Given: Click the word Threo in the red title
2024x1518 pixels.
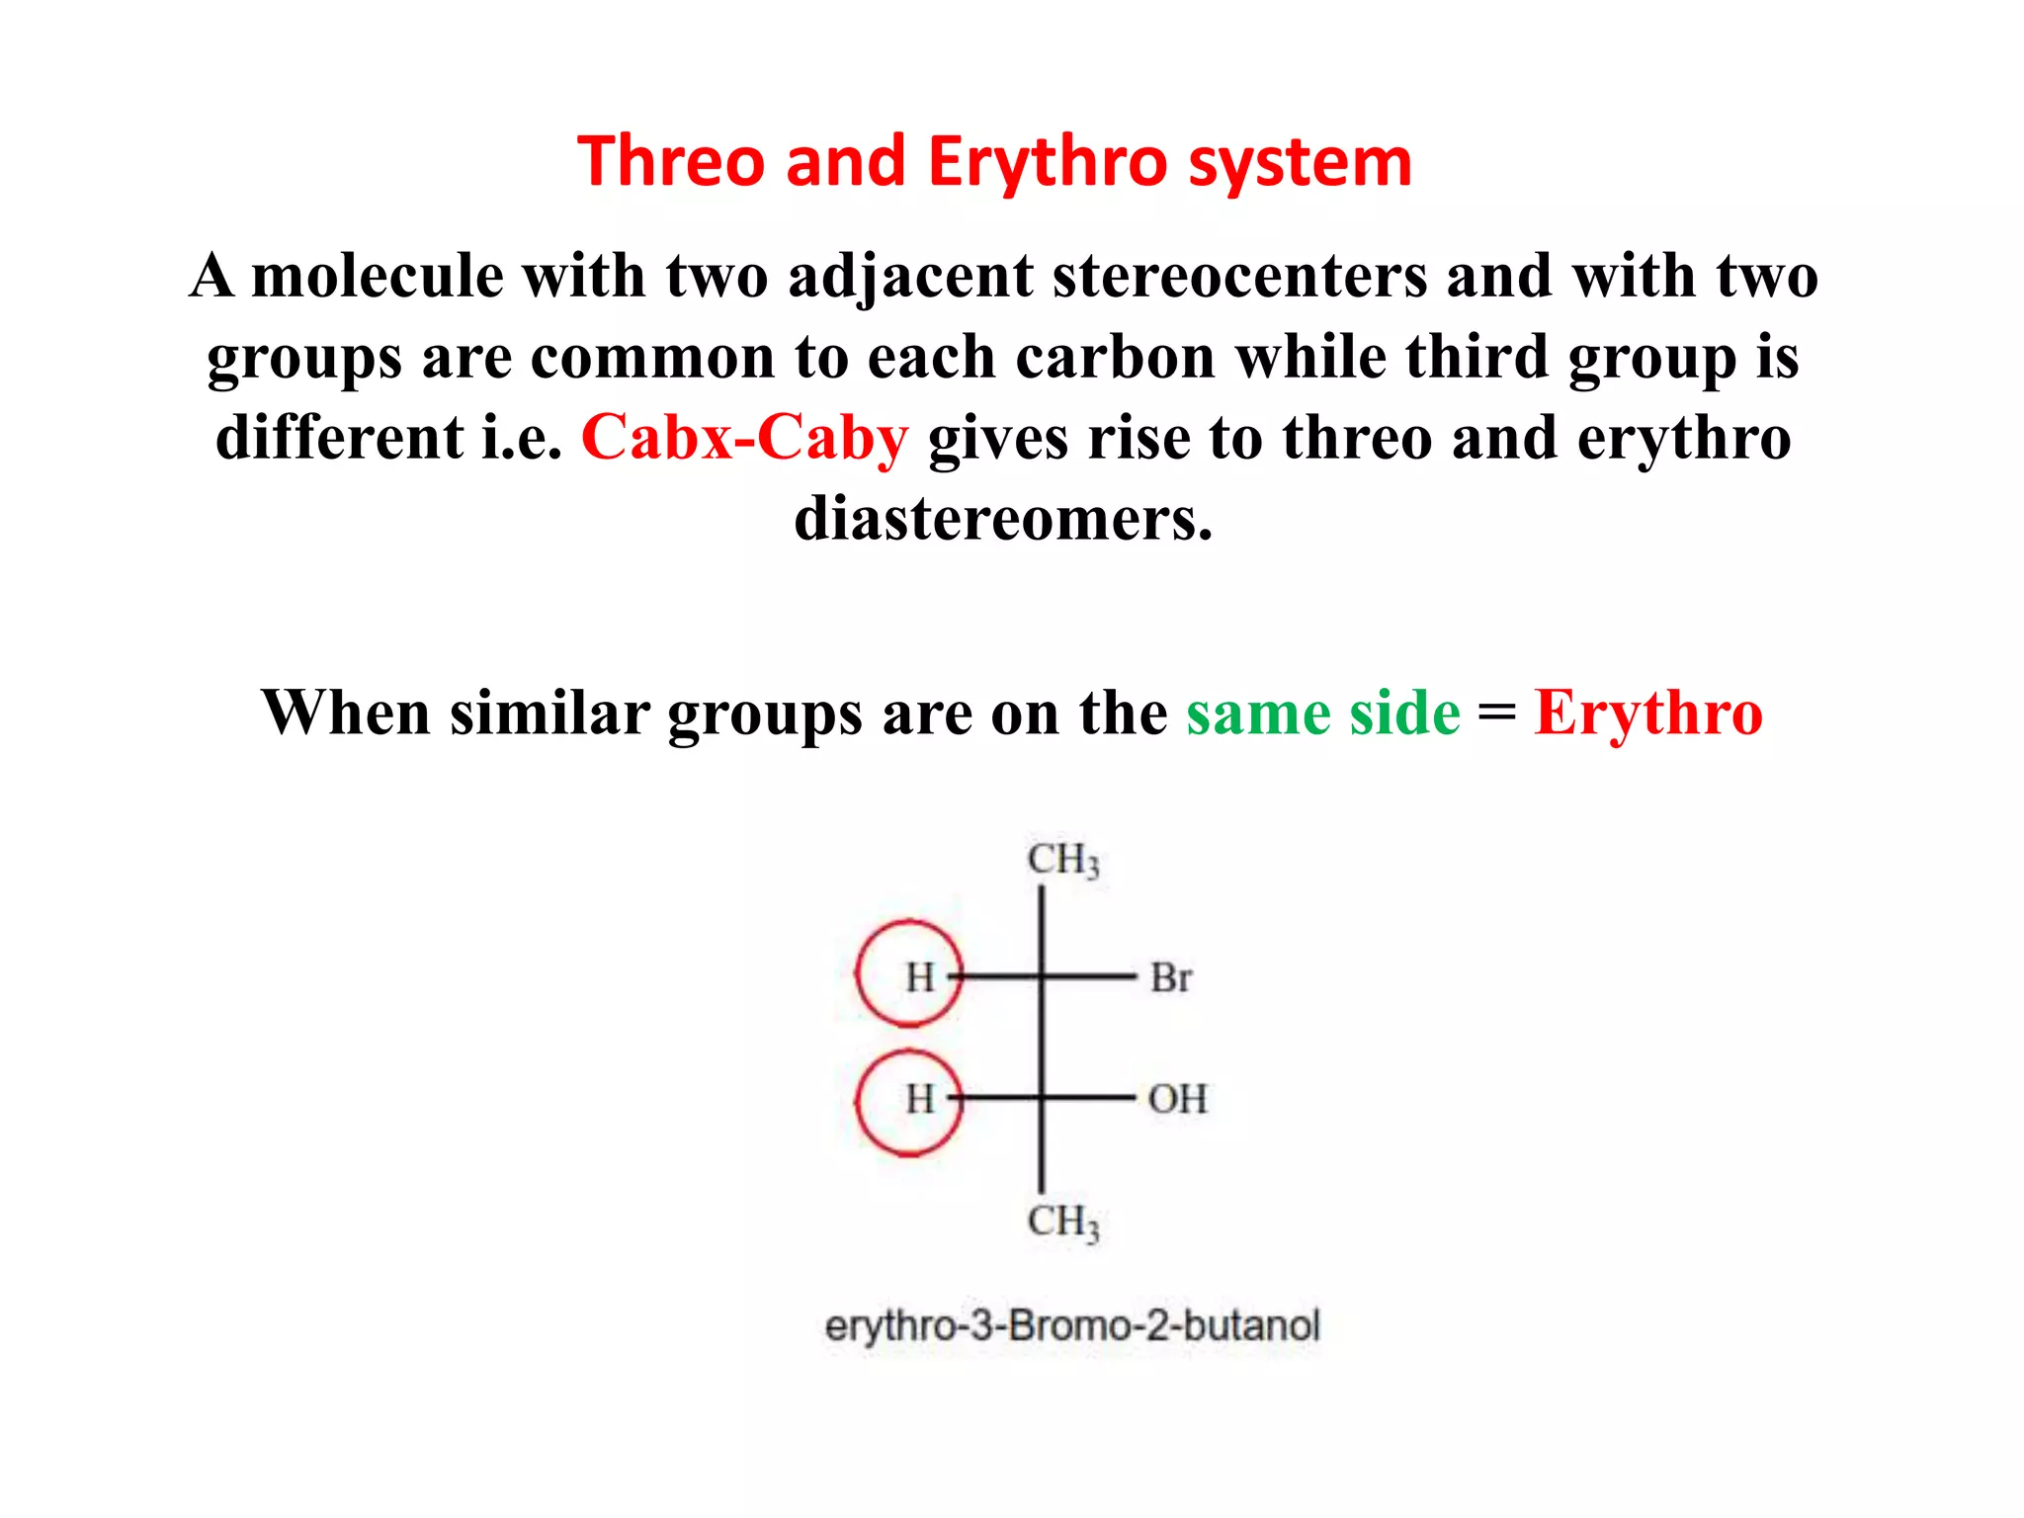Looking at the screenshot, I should pos(671,161).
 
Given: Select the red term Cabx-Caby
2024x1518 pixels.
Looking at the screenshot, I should pos(744,438).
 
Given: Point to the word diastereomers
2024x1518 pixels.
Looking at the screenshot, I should pos(1003,519).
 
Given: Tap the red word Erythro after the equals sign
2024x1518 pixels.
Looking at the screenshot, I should pos(1647,713).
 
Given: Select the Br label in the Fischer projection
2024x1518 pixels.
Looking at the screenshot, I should pos(1171,978).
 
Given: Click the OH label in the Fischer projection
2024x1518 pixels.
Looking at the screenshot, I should pos(1177,1099).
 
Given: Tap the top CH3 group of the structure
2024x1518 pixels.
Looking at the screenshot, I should pos(1062,860).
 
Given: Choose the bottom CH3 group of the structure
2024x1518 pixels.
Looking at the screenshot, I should pos(1062,1222).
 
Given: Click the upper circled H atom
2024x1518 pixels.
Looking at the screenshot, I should pos(919,977).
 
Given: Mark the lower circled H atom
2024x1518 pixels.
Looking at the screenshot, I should pos(919,1099).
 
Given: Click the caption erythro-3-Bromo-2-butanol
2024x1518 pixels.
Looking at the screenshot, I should pos(1072,1325).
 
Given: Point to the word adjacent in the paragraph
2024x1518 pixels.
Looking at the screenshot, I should pos(909,277).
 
